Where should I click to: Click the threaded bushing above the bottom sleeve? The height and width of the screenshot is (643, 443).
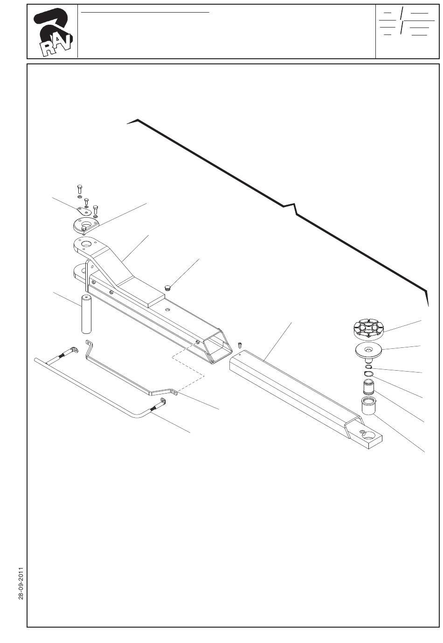tap(367, 386)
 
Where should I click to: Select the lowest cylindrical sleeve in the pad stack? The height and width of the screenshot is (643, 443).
tap(367, 406)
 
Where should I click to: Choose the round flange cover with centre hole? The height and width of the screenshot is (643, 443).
tap(86, 226)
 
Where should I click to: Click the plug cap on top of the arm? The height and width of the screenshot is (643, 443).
tap(167, 287)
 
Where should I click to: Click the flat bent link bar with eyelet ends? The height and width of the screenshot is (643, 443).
tap(131, 368)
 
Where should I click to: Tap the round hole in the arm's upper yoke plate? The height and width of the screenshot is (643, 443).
tap(86, 244)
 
